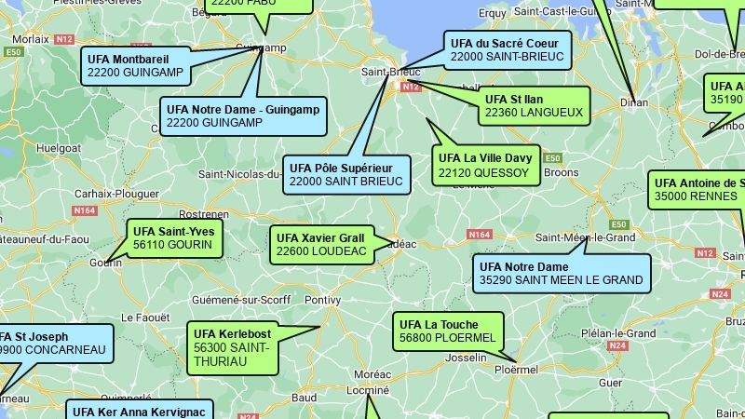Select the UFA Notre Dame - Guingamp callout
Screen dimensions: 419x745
tap(242, 115)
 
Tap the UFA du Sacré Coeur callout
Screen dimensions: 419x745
tap(507, 50)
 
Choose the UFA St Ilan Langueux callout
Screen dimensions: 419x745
tap(534, 105)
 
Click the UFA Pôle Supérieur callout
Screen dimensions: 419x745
tap(346, 175)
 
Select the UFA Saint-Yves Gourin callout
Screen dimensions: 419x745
tap(173, 238)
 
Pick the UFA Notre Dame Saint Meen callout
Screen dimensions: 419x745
tap(561, 273)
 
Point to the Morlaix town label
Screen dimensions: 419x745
tap(30, 40)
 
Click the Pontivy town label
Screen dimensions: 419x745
tap(322, 300)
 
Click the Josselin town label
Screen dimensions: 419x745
tap(467, 358)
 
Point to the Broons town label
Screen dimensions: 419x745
tap(561, 172)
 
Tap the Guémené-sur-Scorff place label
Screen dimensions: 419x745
tap(227, 300)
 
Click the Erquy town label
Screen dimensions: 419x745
tap(492, 13)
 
